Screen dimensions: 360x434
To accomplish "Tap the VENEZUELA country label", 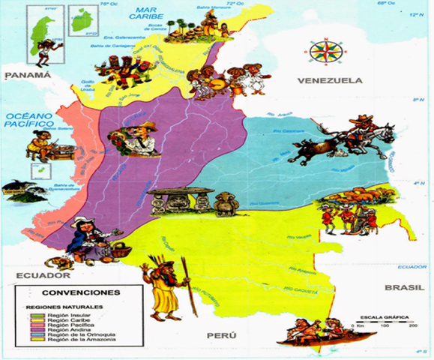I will [x=329, y=80].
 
